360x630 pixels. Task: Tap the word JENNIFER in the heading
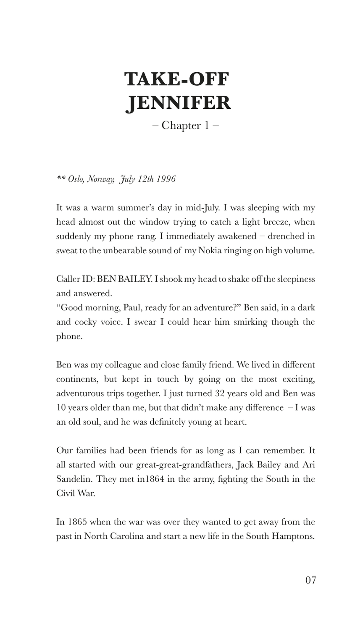(179, 103)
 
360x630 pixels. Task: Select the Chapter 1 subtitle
(185, 126)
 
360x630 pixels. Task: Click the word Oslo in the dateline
(76, 179)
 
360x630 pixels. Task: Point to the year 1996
(166, 179)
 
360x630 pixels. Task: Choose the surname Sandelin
(73, 479)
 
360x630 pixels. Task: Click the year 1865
(77, 522)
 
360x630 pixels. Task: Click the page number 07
(310, 580)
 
